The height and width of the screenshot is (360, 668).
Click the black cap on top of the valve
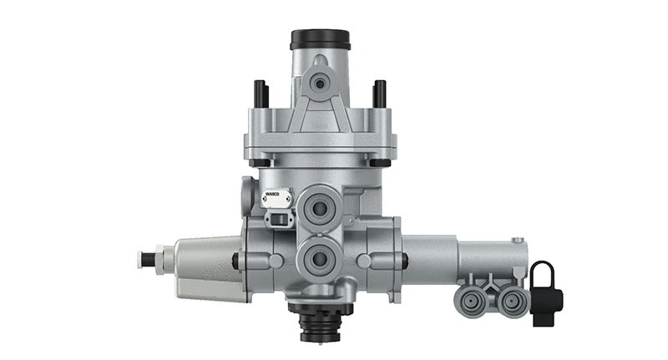320,39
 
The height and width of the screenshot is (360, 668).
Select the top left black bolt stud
259,94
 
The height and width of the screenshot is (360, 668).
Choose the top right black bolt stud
380,94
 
